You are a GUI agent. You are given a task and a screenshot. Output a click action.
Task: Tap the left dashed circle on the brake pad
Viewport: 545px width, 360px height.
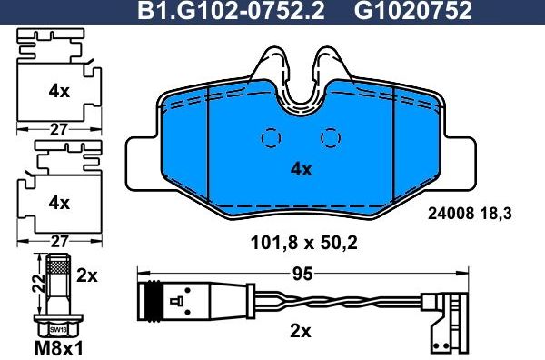(x=270, y=136)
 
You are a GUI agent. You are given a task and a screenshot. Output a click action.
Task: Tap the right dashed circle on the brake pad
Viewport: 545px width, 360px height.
(x=331, y=136)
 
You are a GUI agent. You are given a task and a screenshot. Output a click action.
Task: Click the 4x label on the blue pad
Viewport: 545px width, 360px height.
(x=301, y=169)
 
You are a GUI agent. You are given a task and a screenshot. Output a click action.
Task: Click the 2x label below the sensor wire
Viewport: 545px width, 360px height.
(x=300, y=331)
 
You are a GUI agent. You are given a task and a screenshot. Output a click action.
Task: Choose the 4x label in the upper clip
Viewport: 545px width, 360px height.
(x=59, y=91)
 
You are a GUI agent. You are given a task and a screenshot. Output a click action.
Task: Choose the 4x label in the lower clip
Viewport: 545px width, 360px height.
(x=59, y=202)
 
